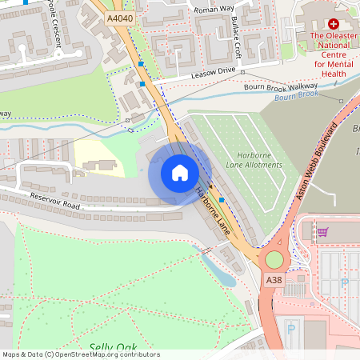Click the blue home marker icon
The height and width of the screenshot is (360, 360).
(x=179, y=173)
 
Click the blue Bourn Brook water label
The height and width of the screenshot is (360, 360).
(x=297, y=98)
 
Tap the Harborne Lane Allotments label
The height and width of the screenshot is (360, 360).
(x=254, y=159)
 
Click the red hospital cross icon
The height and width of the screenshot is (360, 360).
(x=334, y=25)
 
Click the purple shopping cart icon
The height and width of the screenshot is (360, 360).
(x=322, y=232)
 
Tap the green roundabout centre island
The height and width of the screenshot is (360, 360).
(x=274, y=260)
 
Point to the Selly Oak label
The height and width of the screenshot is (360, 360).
(x=113, y=347)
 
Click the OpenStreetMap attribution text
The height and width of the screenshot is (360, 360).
(x=80, y=354)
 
